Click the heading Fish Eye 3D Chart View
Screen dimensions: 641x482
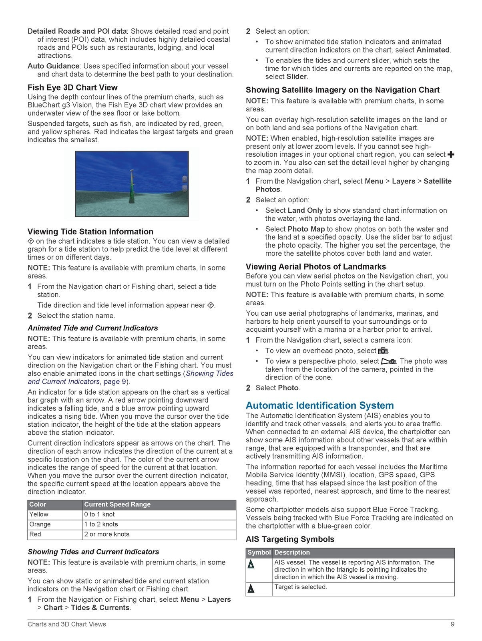click(x=72, y=87)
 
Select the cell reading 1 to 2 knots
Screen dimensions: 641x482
click(x=101, y=524)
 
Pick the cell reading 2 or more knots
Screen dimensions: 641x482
click(x=106, y=534)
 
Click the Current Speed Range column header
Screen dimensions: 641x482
click(x=117, y=504)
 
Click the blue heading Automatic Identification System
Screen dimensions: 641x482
click(x=319, y=405)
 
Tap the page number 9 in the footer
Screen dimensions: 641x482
click(x=452, y=624)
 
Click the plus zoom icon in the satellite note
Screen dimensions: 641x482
click(x=451, y=155)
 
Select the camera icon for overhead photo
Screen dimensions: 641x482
click(x=383, y=351)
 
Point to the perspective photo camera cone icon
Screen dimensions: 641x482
click(x=388, y=361)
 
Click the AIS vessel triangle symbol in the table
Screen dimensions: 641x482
click(x=251, y=564)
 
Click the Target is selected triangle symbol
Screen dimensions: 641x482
click(x=251, y=589)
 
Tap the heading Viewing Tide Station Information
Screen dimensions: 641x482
click(x=90, y=232)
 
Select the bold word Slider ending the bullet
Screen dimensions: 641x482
click(x=296, y=77)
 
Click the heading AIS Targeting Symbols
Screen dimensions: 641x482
click(x=290, y=539)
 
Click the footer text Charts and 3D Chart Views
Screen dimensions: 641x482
click(x=67, y=624)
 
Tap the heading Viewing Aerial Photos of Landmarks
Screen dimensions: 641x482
click(x=316, y=266)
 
